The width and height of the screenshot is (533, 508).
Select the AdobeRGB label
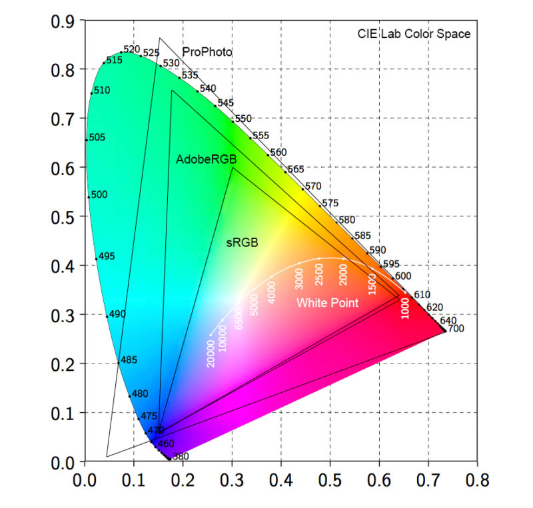[207, 160]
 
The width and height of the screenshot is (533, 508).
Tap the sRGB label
[242, 243]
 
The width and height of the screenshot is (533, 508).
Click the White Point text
[327, 303]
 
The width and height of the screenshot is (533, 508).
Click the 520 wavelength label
[131, 49]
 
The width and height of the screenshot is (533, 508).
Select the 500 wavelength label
[99, 195]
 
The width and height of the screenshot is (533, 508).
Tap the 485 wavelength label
[129, 360]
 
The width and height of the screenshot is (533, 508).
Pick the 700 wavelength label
[455, 329]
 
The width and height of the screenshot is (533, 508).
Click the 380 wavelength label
[181, 457]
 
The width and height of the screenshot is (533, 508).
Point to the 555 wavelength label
[261, 136]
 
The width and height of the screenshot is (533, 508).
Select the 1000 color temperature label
[405, 308]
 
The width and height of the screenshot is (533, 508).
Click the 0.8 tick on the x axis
[477, 481]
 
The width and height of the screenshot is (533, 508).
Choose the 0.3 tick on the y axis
[64, 314]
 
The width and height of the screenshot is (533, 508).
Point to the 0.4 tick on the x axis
[281, 481]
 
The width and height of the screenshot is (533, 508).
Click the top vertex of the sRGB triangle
[233, 167]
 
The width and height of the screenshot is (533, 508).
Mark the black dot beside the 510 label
[91, 93]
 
